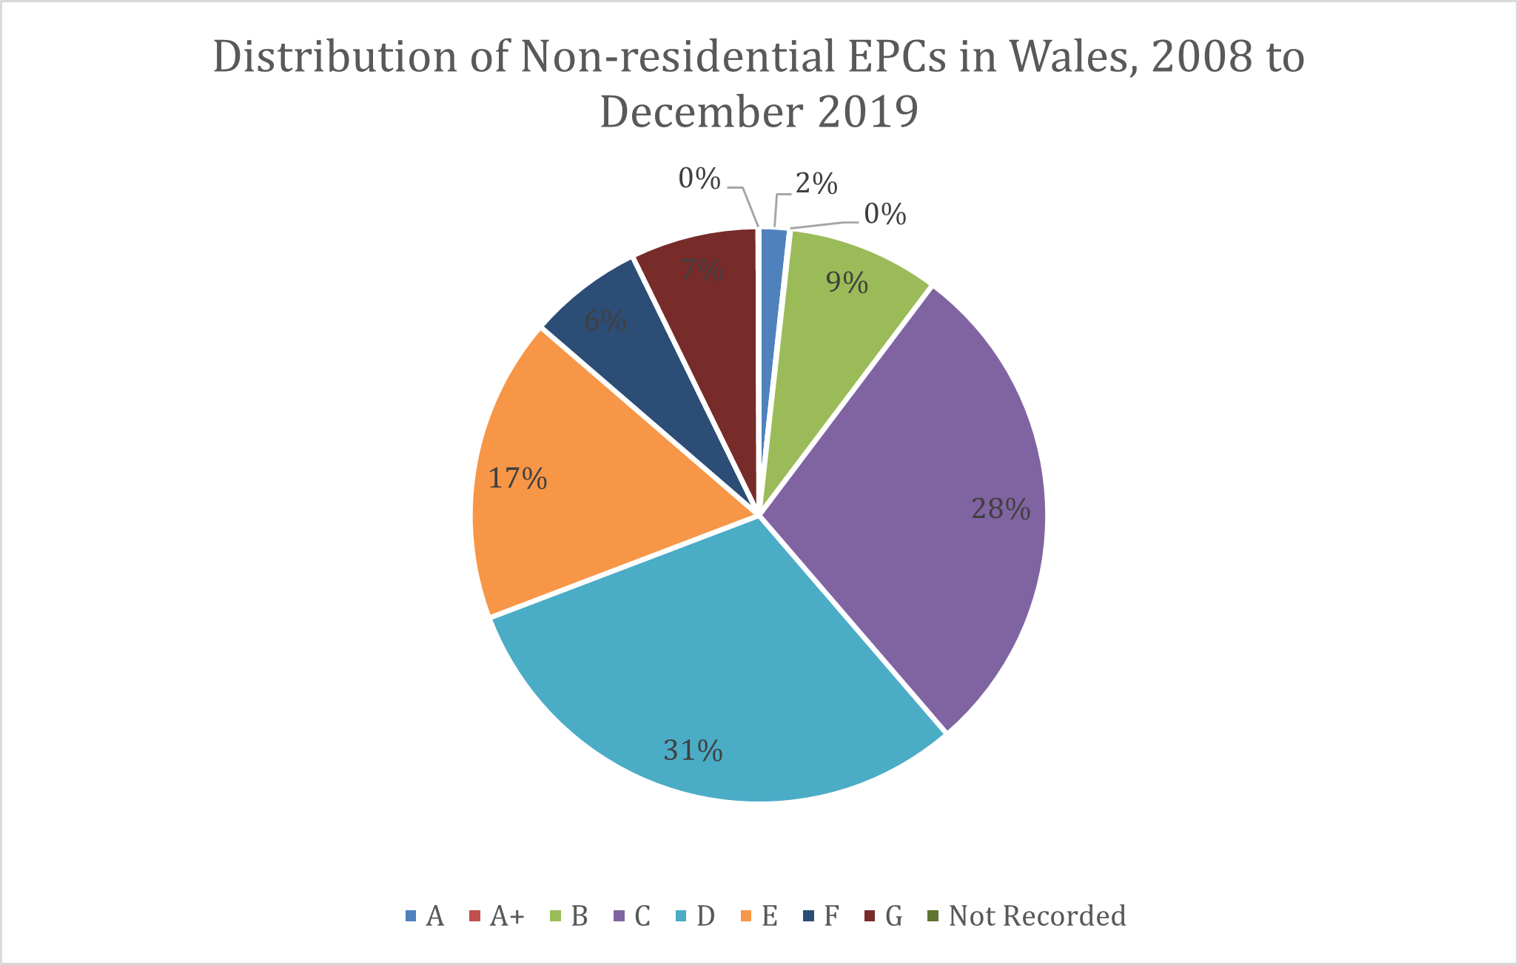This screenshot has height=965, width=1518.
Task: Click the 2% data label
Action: pos(816,184)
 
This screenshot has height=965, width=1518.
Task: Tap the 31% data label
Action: pos(693,751)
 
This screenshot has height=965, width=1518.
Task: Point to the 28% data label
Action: pos(1001,509)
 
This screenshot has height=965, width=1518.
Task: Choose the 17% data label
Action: pos(517,479)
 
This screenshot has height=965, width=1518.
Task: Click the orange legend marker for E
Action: pos(746,916)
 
